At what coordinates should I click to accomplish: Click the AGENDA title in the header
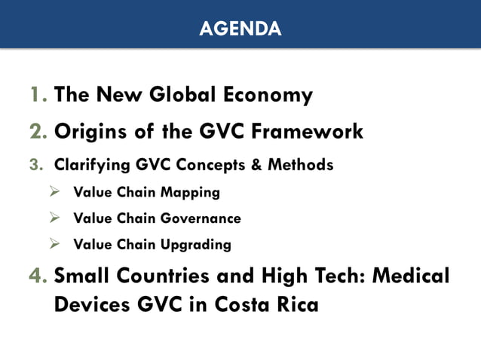[240, 29]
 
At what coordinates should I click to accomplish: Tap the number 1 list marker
[38, 96]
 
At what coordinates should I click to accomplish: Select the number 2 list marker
[38, 132]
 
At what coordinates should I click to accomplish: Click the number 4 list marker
[38, 276]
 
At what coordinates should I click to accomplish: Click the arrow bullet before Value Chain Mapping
[54, 192]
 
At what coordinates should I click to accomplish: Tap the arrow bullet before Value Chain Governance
[54, 218]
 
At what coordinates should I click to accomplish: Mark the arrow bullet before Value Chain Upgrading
[54, 244]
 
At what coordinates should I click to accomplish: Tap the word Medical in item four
[407, 276]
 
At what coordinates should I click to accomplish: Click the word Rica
[293, 306]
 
